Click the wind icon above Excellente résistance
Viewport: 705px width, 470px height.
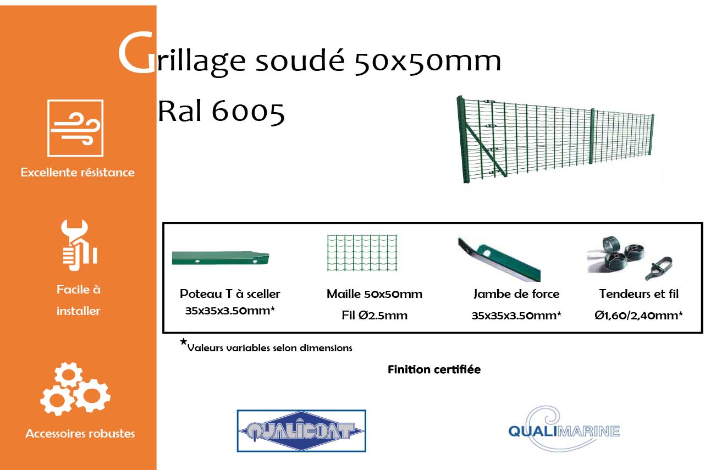(x=75, y=128)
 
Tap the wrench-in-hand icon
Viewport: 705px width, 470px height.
(x=79, y=245)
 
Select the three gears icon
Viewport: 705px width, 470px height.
(x=75, y=389)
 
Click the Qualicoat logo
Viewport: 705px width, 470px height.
(x=301, y=430)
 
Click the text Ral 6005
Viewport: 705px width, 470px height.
(x=221, y=111)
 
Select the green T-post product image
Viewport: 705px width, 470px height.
(x=221, y=258)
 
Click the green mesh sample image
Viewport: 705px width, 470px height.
(x=362, y=253)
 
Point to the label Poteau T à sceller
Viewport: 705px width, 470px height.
(x=230, y=294)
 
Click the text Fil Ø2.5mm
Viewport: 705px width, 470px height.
(x=374, y=315)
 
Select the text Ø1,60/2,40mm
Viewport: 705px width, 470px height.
(x=638, y=315)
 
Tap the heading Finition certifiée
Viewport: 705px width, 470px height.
(x=434, y=369)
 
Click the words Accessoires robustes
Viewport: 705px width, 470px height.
(x=80, y=434)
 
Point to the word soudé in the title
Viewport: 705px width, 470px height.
(x=300, y=60)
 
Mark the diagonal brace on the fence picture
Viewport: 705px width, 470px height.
(x=486, y=151)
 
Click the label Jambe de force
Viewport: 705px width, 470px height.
(x=516, y=294)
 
